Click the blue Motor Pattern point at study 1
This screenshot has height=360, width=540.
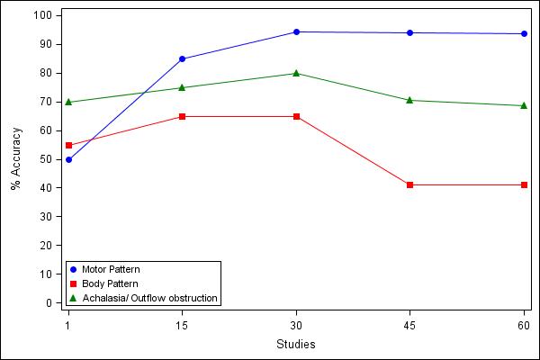tap(68, 159)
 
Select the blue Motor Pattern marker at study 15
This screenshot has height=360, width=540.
tap(182, 58)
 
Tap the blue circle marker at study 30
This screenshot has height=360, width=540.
tap(296, 31)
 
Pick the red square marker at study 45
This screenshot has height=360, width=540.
tap(410, 184)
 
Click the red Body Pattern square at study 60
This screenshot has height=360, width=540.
tap(524, 184)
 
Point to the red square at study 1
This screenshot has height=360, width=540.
tap(68, 145)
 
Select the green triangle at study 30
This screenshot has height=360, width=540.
tap(296, 73)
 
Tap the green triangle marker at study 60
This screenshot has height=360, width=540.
tap(524, 105)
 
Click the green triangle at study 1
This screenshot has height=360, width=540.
tap(68, 102)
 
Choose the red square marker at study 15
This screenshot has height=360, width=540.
tap(182, 116)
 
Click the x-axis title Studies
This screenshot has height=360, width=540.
tap(296, 344)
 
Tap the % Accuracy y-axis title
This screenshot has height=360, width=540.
tap(15, 159)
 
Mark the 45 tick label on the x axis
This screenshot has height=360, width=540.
tap(410, 324)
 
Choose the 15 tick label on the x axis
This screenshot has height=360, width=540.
tap(182, 324)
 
